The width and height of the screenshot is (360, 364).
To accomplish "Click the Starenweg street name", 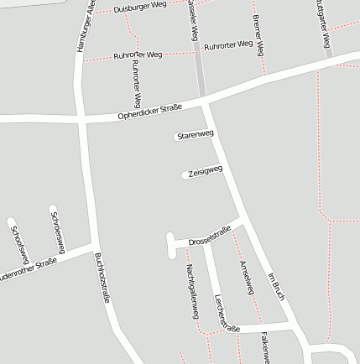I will point(196,134).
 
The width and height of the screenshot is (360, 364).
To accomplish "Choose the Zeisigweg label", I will point(205,171).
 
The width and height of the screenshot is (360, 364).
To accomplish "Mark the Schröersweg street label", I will point(58,227).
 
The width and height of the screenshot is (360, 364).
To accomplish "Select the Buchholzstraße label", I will point(102,277).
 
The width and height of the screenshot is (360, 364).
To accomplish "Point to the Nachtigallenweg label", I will point(192,290).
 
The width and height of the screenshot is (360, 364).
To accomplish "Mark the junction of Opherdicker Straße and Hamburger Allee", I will point(81,120).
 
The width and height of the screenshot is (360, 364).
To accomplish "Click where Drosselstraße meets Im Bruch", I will point(243,220).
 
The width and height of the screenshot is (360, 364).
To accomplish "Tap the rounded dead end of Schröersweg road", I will point(52,208).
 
